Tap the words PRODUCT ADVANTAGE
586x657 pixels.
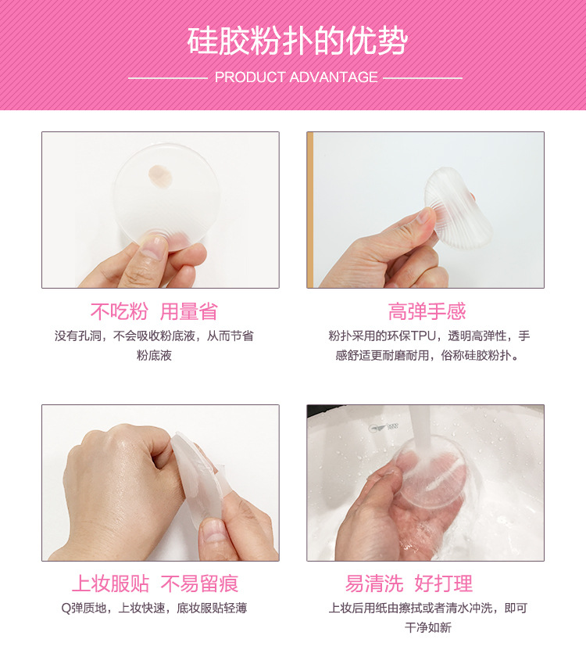(x=296, y=77)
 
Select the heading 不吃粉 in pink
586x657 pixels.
(x=119, y=312)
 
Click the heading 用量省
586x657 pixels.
(x=188, y=312)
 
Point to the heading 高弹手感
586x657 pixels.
(x=427, y=312)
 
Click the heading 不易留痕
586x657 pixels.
(x=199, y=583)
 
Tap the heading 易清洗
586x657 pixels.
(x=374, y=583)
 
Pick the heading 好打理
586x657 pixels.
(x=444, y=583)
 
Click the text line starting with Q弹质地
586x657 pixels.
(x=159, y=608)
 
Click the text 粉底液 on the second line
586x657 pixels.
(x=154, y=355)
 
